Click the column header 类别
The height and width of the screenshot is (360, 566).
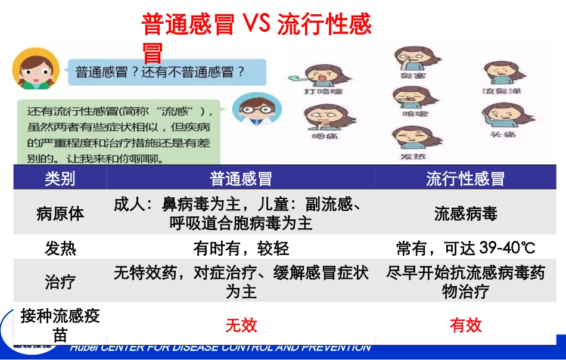[x=60, y=178]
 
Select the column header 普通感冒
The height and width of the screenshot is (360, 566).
[x=241, y=178]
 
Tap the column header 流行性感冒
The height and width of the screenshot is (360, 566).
[x=465, y=178]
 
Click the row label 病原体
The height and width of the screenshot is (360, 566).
[x=60, y=213]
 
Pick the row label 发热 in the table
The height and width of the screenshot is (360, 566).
[x=60, y=248]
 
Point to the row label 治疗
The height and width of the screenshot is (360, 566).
[x=60, y=281]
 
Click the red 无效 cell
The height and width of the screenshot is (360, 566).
[x=241, y=325]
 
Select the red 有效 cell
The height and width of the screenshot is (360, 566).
[x=465, y=325]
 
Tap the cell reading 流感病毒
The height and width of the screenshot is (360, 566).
[x=465, y=213]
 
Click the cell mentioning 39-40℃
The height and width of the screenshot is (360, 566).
[x=465, y=248]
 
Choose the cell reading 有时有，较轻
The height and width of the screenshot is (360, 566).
[x=241, y=248]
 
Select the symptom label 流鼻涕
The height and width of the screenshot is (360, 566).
[x=500, y=91]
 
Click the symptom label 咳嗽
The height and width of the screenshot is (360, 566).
[x=412, y=113]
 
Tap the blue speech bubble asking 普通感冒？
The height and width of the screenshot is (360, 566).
[x=161, y=72]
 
